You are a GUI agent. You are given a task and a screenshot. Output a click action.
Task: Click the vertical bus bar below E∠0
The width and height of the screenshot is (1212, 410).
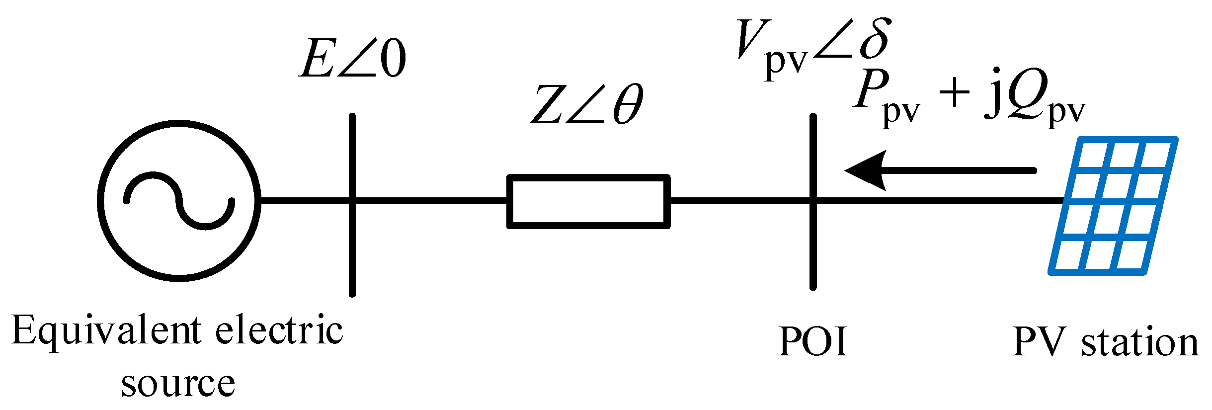point(352,248)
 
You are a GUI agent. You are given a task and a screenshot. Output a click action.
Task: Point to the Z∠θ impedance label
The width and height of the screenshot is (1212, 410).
point(586,104)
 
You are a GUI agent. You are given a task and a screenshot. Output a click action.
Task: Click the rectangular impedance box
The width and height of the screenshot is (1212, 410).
point(588,201)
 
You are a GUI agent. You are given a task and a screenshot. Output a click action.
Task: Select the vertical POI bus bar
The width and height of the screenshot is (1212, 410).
point(813,248)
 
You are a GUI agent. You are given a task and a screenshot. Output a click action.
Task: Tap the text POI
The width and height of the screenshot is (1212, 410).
point(813,341)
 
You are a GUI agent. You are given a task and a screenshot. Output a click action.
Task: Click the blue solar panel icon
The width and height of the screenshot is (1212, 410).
point(1113,205)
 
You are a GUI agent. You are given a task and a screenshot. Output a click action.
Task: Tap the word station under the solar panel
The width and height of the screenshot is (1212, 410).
point(1140,343)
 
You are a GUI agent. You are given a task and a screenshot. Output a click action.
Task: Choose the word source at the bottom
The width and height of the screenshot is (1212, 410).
point(178,384)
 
